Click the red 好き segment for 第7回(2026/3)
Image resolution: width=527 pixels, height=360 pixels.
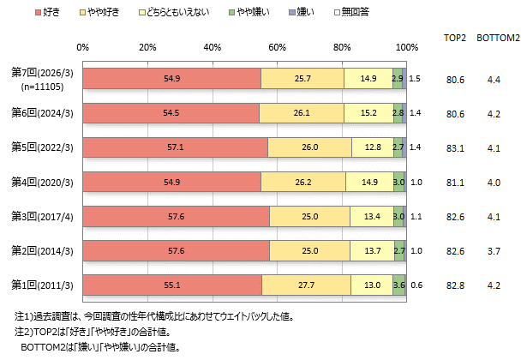coord(171,78)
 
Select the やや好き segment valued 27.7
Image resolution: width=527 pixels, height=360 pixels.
coord(306,284)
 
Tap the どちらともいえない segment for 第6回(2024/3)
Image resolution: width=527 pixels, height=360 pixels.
coord(368,112)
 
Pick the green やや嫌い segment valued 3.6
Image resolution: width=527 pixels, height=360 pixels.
coord(398,284)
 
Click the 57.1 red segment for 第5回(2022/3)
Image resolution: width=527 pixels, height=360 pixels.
coord(176,147)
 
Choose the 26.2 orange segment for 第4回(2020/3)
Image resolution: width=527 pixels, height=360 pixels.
coord(303,181)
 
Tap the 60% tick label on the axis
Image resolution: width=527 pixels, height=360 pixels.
coord(276,46)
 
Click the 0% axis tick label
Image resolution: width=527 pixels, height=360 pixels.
coord(82,46)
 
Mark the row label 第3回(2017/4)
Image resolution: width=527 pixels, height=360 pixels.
coord(40,215)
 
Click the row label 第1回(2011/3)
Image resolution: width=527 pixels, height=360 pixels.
coord(40,284)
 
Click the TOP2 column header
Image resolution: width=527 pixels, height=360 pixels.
coord(455,39)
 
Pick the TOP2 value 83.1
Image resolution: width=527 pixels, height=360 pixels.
coord(455,147)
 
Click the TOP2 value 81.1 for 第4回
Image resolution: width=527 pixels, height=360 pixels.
coord(455,181)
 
